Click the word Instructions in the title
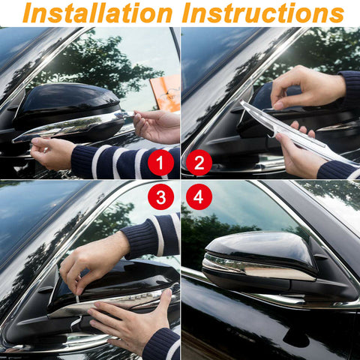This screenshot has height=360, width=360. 262,13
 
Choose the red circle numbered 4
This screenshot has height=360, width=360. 199,196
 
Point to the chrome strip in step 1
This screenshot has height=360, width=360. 71,126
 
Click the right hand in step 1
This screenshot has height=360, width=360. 157,125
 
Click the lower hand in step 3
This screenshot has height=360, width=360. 127,322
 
